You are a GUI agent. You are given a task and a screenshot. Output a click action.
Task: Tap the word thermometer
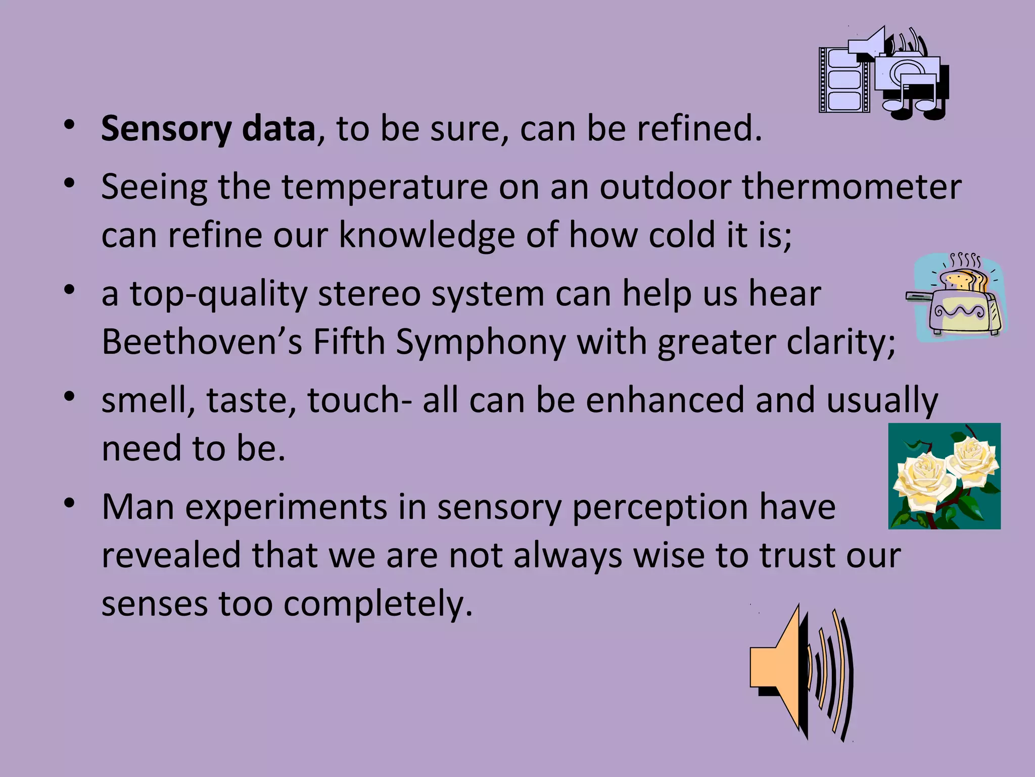pyautogui.click(x=852, y=187)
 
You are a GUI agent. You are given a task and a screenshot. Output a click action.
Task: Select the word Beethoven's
pyautogui.click(x=202, y=342)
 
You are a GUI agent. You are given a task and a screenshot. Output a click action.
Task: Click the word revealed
pyautogui.click(x=171, y=555)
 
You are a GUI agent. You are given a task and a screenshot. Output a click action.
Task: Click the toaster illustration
pyautogui.click(x=958, y=304)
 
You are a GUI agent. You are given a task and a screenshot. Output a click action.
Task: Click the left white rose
pyautogui.click(x=923, y=478)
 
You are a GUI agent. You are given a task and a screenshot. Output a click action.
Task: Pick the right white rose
pyautogui.click(x=973, y=455)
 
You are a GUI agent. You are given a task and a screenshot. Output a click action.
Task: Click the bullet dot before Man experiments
pyautogui.click(x=70, y=503)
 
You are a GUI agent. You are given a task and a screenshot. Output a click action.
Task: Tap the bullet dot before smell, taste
pyautogui.click(x=70, y=397)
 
